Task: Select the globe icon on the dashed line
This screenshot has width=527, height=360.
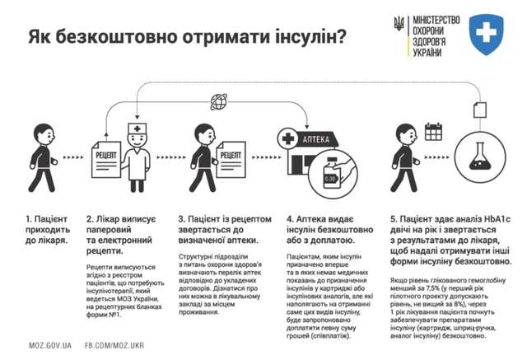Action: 219,101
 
